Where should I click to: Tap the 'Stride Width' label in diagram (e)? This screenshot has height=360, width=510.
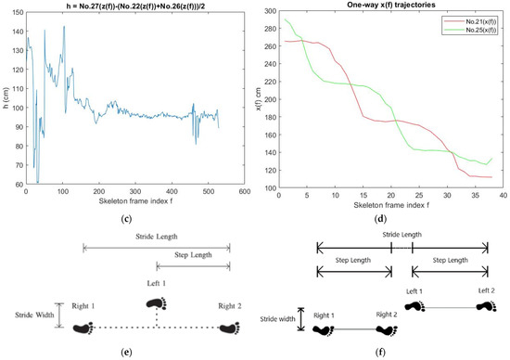tap(28, 315)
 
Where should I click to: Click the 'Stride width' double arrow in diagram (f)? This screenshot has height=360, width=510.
tap(300, 319)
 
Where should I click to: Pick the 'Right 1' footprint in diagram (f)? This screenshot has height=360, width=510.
tap(325, 329)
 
